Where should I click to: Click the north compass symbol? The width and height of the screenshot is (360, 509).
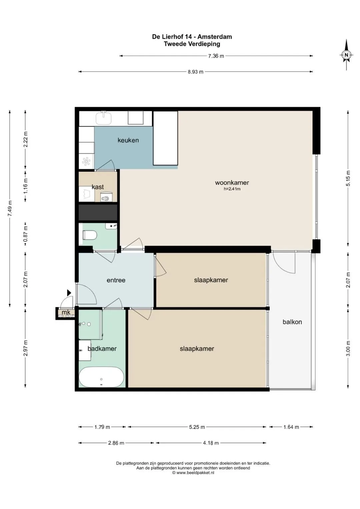point(346,55)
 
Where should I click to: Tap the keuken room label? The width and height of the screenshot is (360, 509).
point(128,140)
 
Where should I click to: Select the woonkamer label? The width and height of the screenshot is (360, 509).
point(232,182)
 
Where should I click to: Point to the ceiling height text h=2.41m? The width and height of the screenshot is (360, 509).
point(232,189)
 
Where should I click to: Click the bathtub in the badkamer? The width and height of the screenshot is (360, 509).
point(101,377)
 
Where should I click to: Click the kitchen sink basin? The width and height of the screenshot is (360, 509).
point(104,118)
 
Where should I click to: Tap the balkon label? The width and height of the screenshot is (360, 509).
point(292,322)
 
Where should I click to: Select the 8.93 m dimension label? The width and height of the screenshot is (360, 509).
point(195,72)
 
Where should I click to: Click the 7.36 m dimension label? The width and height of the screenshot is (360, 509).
point(216,56)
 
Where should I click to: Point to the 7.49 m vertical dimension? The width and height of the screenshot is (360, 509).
point(10,209)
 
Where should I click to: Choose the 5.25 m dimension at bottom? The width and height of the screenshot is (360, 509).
point(197,427)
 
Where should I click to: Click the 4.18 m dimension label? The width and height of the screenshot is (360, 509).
point(211,443)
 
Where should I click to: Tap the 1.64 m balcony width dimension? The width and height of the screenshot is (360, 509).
point(291,427)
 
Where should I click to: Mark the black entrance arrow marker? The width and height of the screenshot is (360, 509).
point(69,293)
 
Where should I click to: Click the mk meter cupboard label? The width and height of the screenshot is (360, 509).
point(66,312)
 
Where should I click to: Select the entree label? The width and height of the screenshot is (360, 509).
point(116,280)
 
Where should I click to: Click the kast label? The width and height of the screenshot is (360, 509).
point(98,187)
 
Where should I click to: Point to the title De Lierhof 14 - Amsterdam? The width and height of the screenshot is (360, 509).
point(192,37)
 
